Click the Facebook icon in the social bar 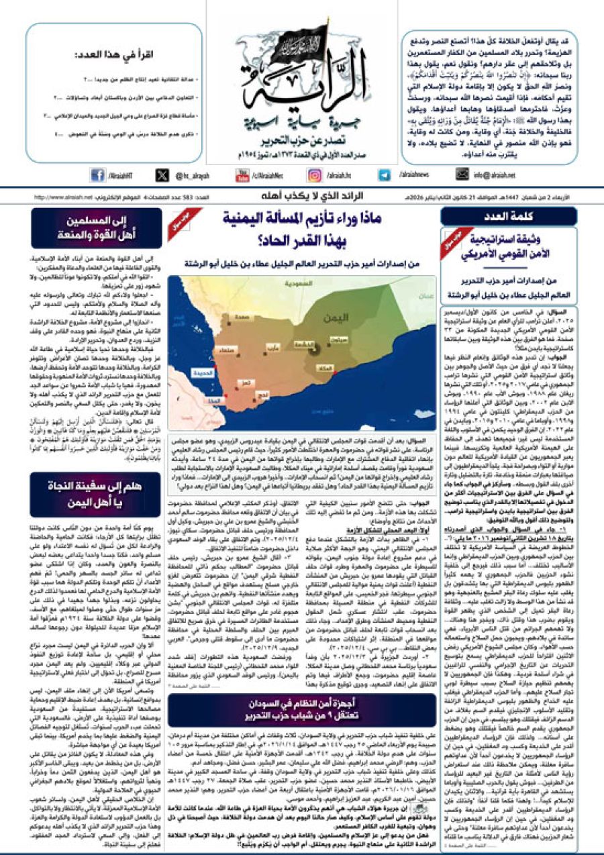[x=98, y=175]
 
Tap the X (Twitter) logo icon [x=162, y=175]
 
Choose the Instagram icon [x=315, y=175]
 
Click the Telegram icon [x=384, y=175]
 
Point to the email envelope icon [x=460, y=175]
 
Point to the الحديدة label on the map [x=214, y=371]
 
